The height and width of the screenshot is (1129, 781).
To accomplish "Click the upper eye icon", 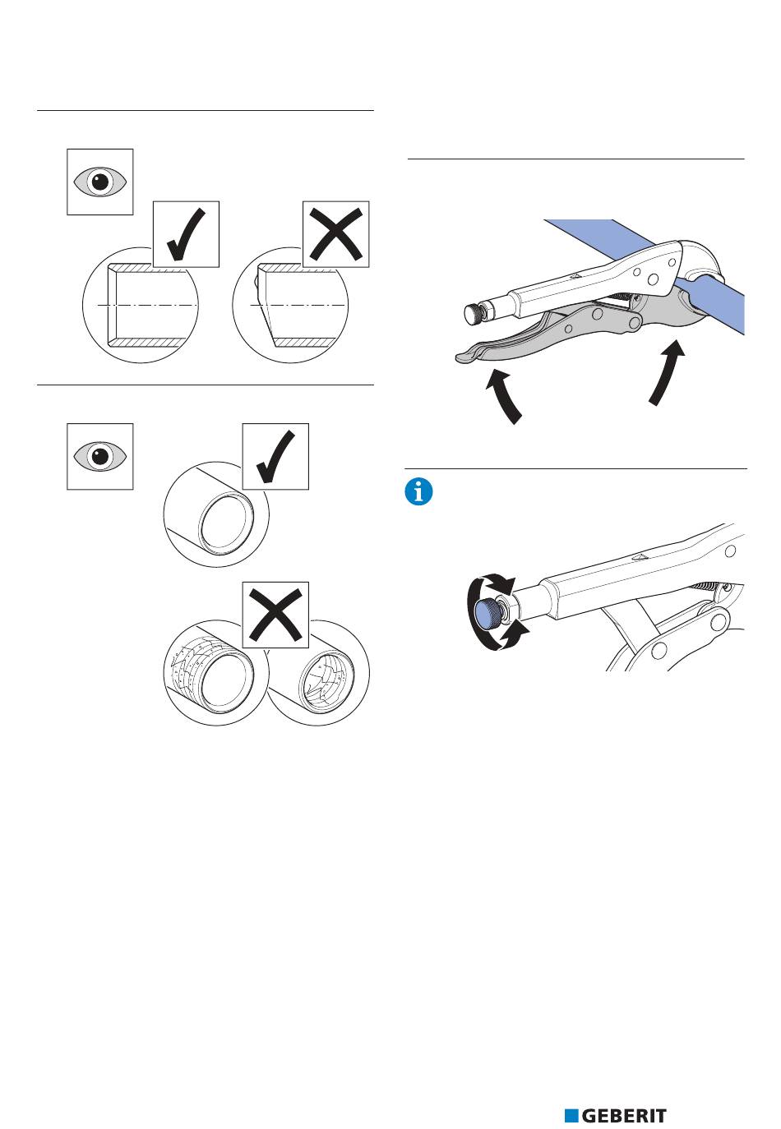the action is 99,182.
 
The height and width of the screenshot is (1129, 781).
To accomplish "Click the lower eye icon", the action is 99,456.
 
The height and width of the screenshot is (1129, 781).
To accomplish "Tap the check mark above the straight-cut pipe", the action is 186,234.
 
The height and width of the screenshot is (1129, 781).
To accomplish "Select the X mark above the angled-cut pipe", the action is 335,234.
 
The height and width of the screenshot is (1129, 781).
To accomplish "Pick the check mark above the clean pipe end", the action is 275,457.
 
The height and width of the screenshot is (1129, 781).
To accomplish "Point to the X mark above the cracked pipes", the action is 275,615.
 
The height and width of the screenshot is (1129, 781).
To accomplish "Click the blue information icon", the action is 418,492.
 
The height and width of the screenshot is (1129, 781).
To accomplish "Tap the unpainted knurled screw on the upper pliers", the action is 474,314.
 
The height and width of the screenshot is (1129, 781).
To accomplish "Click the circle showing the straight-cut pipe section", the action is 141,305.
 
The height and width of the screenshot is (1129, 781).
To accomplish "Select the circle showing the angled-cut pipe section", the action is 290,305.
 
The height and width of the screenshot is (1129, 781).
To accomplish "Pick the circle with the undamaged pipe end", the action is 216,514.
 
